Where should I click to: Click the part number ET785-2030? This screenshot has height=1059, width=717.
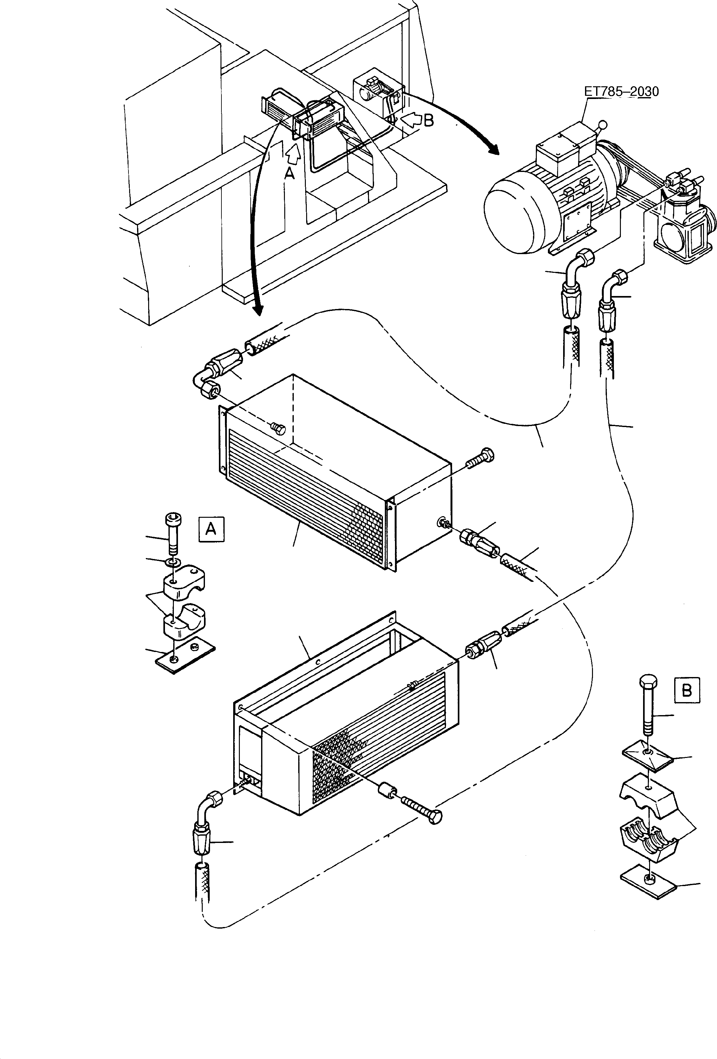point(621,92)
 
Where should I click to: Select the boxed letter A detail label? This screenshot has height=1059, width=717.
point(211,529)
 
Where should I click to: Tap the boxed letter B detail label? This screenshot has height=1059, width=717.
point(687,690)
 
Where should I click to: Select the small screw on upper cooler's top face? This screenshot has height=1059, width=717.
point(276,427)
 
